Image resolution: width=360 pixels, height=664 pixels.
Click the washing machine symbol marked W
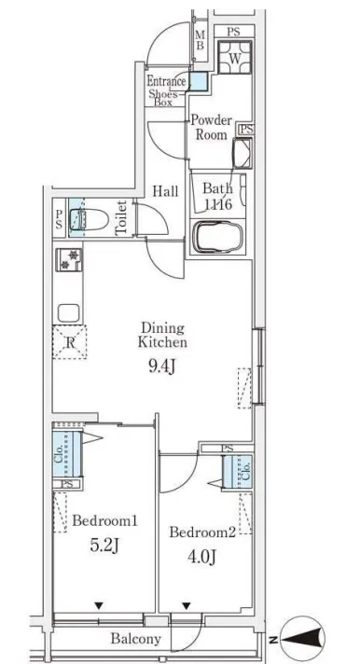click(x=235, y=58)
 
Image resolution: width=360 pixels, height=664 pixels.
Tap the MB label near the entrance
click(x=200, y=41)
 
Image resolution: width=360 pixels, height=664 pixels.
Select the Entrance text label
click(x=166, y=81)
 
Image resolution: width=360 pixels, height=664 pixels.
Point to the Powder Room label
click(x=212, y=127)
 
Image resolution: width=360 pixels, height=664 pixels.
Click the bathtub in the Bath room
click(x=218, y=237)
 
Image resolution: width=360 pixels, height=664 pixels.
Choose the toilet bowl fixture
click(x=90, y=219)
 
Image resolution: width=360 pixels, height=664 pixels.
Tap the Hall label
click(x=165, y=191)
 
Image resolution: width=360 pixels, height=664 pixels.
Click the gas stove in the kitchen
click(x=69, y=259)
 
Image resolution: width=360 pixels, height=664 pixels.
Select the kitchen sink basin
click(x=69, y=313)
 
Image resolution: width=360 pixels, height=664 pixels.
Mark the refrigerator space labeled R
click(x=69, y=342)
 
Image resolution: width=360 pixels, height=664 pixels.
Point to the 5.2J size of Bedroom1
click(x=104, y=546)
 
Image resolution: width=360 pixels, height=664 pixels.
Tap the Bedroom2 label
click(x=202, y=532)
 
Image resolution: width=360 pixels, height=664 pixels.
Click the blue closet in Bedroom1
click(x=67, y=454)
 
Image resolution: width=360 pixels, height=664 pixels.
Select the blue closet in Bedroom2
click(x=238, y=472)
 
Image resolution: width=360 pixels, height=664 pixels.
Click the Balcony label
click(x=136, y=639)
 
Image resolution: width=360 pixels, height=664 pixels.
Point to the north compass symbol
click(x=302, y=638)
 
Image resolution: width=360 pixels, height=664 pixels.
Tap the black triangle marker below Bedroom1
click(x=99, y=606)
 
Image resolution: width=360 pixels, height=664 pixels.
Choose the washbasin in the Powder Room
click(x=242, y=153)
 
